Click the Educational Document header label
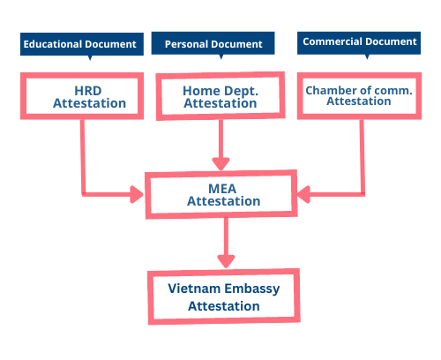pos(82,44)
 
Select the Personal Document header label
pos(213,43)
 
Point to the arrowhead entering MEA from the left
pos(137,194)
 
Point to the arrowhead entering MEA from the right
pos(303,194)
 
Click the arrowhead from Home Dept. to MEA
pos(220,164)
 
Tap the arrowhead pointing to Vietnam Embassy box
pos(226,261)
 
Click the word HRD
pos(88,91)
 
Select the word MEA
pos(222,189)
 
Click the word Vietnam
pos(194,289)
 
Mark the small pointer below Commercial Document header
pos(367,56)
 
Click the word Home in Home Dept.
pos(201,91)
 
